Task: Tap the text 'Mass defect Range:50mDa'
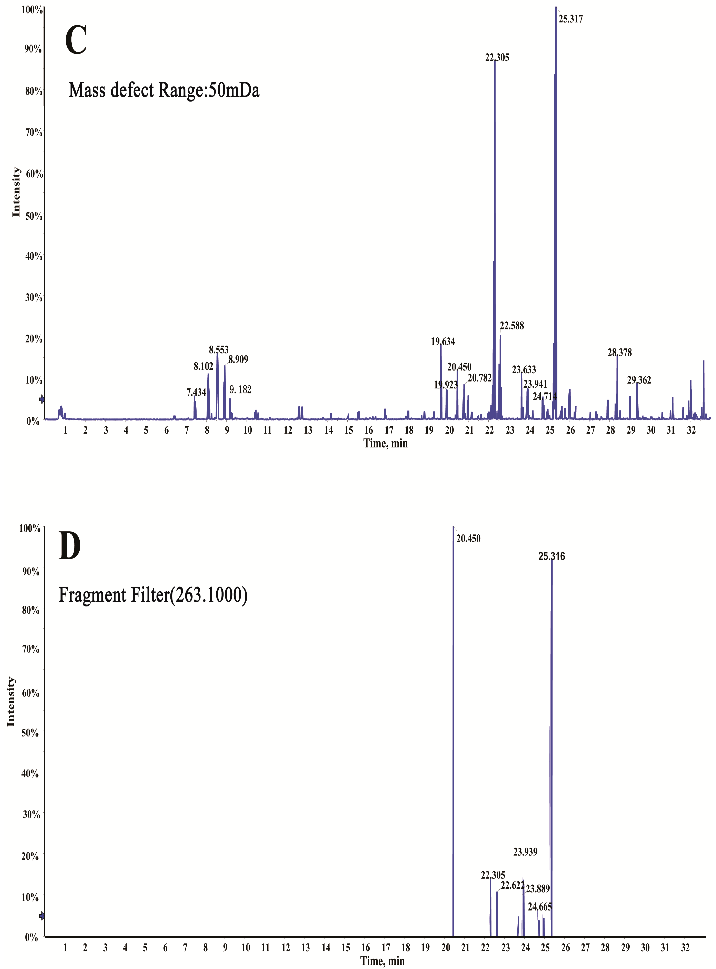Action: pos(164,90)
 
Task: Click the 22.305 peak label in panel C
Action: pos(497,58)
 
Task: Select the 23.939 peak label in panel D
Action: pos(525,852)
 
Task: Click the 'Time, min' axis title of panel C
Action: pos(385,443)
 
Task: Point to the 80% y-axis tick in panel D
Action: pos(30,610)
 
